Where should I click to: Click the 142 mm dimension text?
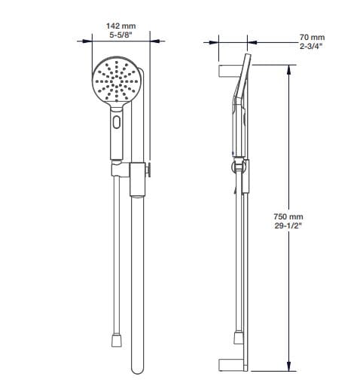[x=121, y=26]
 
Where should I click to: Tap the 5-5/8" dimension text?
[x=121, y=35]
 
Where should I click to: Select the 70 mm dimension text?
[x=312, y=37]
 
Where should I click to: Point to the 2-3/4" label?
[x=311, y=46]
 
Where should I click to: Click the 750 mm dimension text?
[x=288, y=216]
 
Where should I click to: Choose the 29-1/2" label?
[x=288, y=225]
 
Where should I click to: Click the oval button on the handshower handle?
[x=117, y=122]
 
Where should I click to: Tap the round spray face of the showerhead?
[x=117, y=80]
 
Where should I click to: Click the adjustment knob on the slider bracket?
[x=148, y=170]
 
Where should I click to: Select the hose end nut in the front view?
[x=117, y=340]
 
